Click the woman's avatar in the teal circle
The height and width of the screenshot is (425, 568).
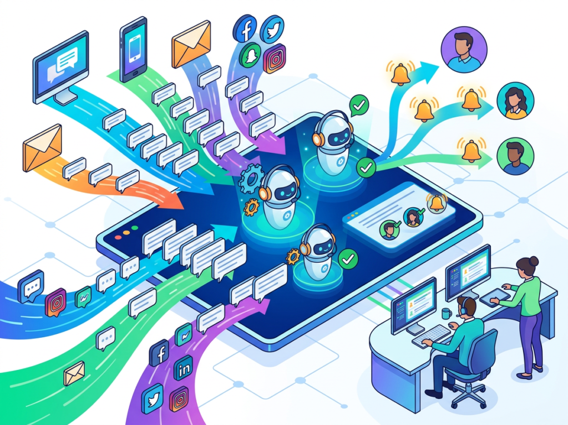click(x=515, y=101)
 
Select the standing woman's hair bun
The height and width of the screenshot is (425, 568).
click(x=534, y=261)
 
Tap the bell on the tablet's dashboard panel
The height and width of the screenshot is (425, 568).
click(x=437, y=202)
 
